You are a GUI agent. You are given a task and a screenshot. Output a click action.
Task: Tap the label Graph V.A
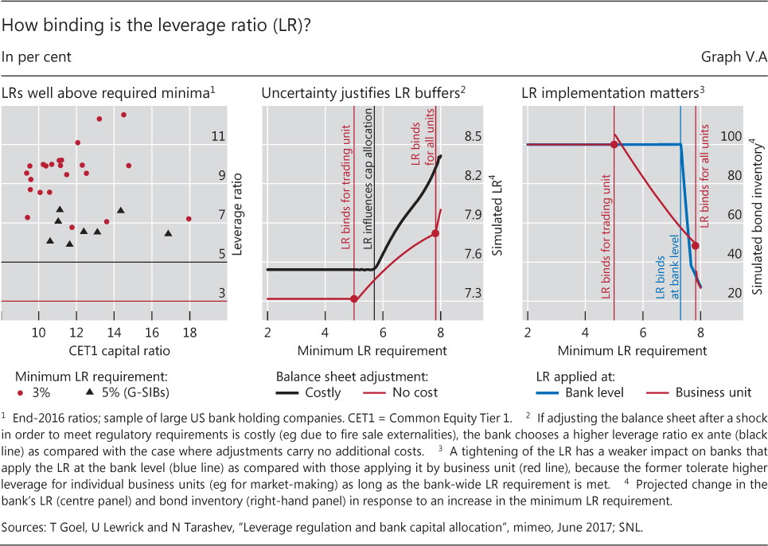click(x=732, y=57)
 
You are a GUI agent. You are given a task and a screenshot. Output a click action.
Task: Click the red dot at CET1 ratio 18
click(x=189, y=218)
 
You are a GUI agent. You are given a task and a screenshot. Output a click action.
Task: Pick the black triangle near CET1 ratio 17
click(x=168, y=232)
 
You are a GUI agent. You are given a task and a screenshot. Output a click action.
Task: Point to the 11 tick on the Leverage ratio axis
click(x=218, y=137)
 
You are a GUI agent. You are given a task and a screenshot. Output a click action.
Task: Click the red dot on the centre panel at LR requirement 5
click(x=354, y=298)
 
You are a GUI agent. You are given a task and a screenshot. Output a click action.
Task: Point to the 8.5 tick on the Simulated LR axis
click(x=473, y=137)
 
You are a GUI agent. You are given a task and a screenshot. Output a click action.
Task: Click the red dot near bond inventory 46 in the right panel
click(x=695, y=245)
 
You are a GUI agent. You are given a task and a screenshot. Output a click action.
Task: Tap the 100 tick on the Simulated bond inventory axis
click(x=731, y=137)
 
